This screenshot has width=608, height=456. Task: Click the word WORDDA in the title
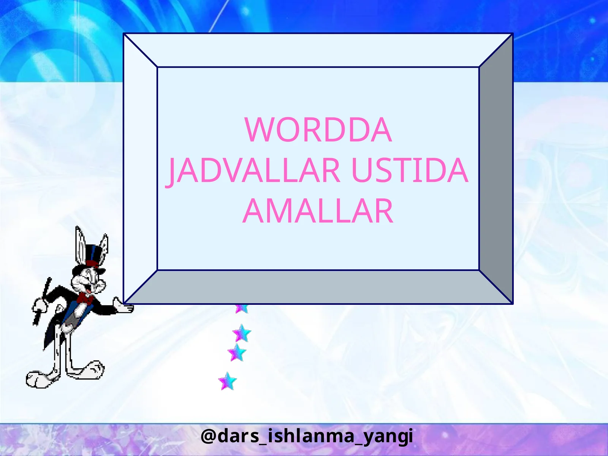318,130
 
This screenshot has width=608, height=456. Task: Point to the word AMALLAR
318,211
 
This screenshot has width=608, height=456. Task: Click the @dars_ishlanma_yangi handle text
306,436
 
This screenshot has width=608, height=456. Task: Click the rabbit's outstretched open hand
124,306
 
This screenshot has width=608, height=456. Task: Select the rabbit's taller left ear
80,243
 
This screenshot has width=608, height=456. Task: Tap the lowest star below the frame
227,381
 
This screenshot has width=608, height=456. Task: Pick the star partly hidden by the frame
241,308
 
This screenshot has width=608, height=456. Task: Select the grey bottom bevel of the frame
318,287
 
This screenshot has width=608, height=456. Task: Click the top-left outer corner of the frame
124,34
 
